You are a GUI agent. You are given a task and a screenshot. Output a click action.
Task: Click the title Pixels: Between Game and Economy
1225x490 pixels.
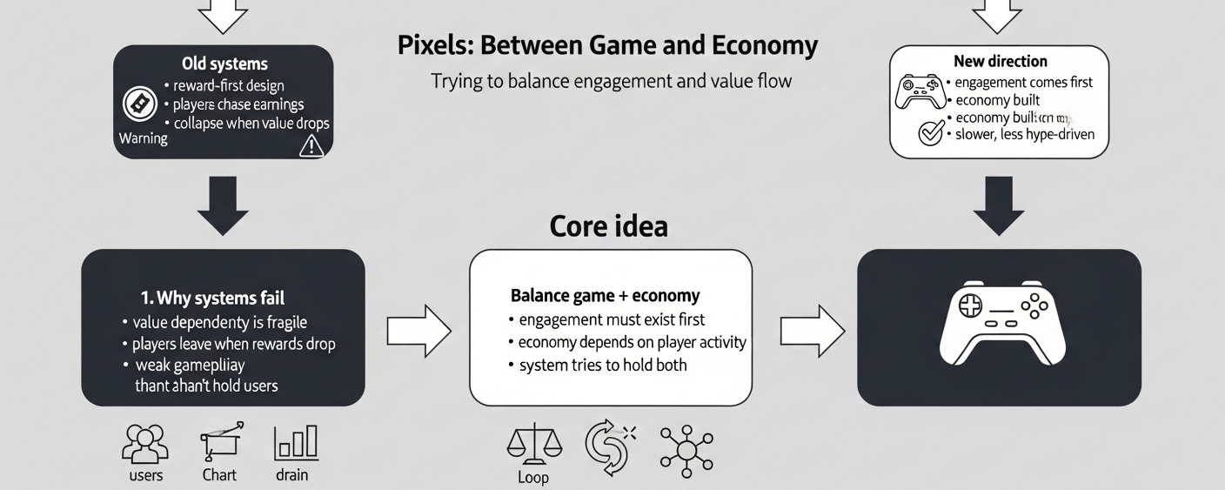point(607,44)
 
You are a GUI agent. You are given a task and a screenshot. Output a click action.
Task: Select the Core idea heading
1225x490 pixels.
point(608,226)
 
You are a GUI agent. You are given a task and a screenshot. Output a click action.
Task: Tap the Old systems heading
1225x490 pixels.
point(224,64)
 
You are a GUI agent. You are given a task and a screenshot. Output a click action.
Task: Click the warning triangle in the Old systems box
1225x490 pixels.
point(311,146)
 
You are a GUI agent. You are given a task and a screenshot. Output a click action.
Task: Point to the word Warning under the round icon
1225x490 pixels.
point(143,138)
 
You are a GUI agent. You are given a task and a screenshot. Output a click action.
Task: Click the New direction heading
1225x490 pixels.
point(1000,61)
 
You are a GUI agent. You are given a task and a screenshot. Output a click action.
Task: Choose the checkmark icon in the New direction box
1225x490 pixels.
point(931,133)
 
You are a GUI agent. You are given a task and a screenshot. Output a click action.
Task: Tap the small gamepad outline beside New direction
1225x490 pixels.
point(921,91)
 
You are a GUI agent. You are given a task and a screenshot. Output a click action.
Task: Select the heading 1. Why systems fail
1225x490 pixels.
point(212,299)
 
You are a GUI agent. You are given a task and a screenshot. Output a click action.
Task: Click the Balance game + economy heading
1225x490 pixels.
point(605,295)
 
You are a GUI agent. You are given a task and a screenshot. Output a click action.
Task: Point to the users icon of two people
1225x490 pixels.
point(145,443)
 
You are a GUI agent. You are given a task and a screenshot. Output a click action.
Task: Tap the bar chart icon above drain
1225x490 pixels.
point(296,443)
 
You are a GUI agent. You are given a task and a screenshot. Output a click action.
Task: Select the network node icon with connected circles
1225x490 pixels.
point(686,449)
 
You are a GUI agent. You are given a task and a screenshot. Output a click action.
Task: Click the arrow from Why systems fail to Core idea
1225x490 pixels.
point(418,331)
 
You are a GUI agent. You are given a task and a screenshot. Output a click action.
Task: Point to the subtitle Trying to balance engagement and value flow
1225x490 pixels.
point(612,81)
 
